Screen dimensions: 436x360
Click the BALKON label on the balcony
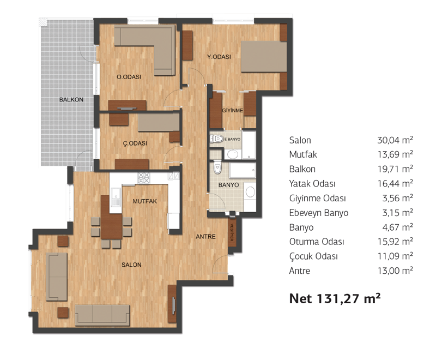71,99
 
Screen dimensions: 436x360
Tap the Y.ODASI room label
219,57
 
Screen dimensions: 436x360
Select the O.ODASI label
129,77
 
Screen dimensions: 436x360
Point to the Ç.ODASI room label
135,143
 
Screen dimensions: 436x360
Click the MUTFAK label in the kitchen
144,201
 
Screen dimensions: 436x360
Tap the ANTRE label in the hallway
205,237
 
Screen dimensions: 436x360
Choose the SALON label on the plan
131,265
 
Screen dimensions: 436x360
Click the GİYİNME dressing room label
233,110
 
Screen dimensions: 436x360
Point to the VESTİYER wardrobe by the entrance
232,233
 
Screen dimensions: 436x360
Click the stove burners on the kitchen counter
144,178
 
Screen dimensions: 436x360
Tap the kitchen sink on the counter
116,197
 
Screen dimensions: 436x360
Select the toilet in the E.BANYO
217,139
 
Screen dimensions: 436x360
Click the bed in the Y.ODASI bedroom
264,57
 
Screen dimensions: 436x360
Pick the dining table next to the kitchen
111,217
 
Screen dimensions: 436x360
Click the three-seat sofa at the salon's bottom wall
102,315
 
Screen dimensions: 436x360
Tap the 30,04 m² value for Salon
395,140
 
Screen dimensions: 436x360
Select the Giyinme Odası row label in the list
317,199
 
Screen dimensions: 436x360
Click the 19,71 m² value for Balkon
395,169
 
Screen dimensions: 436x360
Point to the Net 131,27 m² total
335,298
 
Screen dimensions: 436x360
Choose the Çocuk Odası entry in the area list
313,256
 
